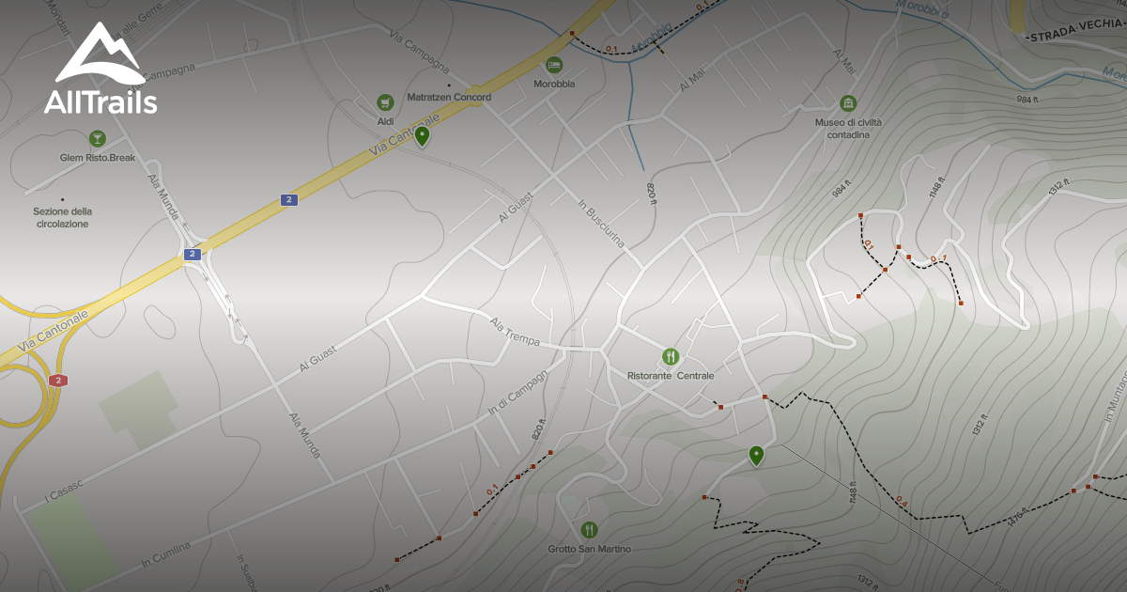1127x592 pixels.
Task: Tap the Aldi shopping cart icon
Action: click(384, 101)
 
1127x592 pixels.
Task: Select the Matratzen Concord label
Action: click(449, 97)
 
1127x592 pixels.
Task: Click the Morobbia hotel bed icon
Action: click(554, 64)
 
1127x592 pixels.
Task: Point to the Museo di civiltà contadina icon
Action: click(848, 102)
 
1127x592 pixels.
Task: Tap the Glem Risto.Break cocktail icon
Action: click(97, 139)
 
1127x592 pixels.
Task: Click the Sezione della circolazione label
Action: click(63, 217)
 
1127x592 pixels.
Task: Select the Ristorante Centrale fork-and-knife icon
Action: click(670, 356)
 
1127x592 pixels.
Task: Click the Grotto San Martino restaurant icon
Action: click(589, 530)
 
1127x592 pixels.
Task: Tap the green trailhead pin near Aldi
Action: click(423, 137)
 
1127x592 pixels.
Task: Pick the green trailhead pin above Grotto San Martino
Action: click(756, 456)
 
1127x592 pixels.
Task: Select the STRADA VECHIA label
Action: click(1075, 36)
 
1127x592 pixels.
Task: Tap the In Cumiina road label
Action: click(165, 553)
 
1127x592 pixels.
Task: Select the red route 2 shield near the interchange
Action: click(58, 380)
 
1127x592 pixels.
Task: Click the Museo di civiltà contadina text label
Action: click(848, 128)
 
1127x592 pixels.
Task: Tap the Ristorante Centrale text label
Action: click(670, 376)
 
